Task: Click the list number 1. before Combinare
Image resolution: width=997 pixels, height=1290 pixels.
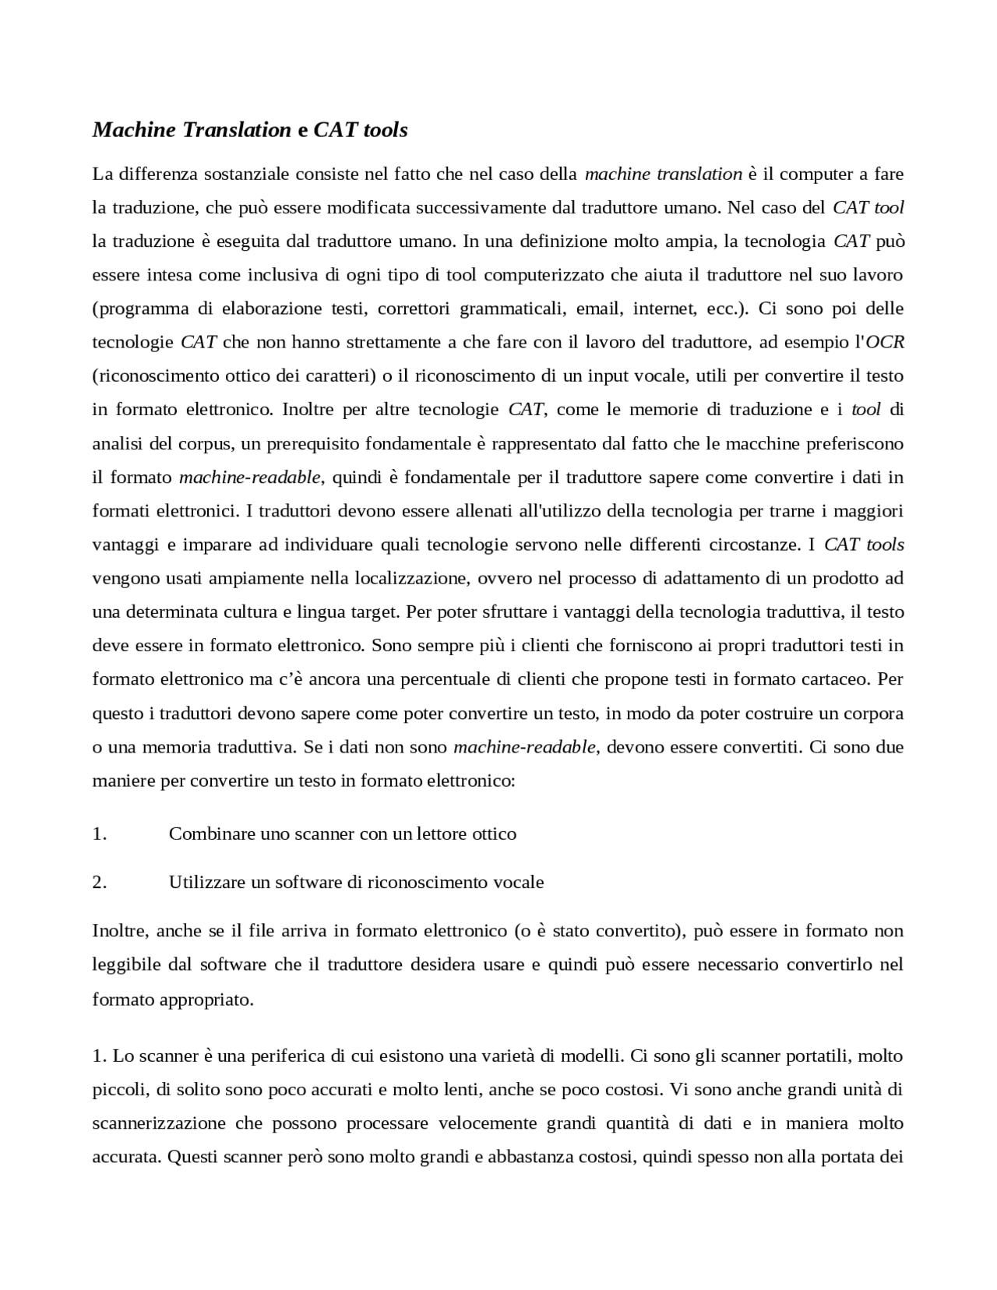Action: pos(99,834)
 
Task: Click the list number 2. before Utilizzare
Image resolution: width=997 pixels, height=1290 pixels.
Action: pos(99,883)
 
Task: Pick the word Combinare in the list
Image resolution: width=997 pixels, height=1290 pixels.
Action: pos(206,834)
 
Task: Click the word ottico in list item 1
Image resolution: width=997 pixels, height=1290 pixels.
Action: pos(494,834)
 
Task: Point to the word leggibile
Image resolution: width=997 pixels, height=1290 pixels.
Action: pos(125,965)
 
